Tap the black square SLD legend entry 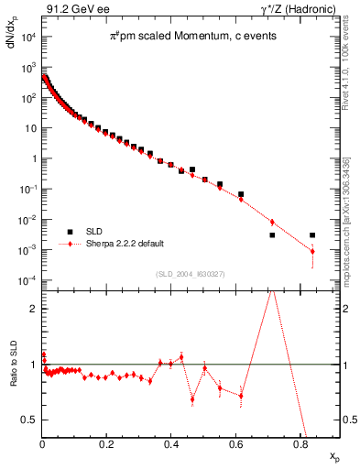(x=70, y=233)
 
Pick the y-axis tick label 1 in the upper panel (x=33, y=159)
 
